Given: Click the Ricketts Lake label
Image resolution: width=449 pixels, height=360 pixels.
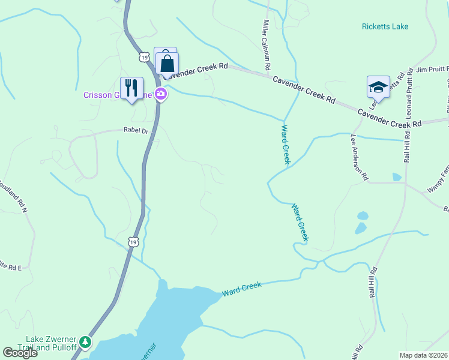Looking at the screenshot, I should click(x=385, y=26).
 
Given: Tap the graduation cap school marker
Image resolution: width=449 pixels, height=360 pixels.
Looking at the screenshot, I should click(x=378, y=87).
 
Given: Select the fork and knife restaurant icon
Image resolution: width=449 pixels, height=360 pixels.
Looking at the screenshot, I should click(x=131, y=88).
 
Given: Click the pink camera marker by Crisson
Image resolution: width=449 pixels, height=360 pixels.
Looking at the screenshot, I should click(x=160, y=94).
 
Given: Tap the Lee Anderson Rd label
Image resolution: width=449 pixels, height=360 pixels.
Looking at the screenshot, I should click(x=358, y=157).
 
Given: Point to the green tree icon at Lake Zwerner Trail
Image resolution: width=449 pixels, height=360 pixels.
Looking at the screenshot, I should click(x=86, y=342).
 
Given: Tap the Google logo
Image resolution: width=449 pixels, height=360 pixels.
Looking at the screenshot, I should click(x=20, y=353).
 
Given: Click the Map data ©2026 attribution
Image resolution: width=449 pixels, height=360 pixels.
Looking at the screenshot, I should click(x=423, y=355).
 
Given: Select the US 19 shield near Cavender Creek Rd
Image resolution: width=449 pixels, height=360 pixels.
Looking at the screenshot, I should click(x=143, y=57).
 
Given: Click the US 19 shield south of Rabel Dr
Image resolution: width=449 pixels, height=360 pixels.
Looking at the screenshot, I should click(x=133, y=241).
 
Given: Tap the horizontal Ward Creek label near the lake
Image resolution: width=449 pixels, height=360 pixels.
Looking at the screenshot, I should click(x=242, y=289).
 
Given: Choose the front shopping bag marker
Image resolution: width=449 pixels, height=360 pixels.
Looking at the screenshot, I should click(x=167, y=63).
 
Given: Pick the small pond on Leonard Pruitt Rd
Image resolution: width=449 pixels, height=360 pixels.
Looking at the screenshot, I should click(x=396, y=177).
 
